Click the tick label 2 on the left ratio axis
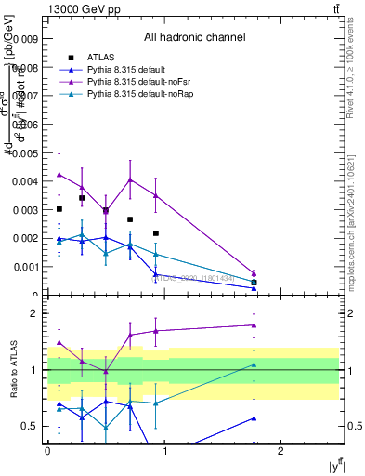(35, 313)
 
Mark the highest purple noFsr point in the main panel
(59, 174)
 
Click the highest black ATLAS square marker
(82, 198)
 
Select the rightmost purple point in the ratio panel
(254, 325)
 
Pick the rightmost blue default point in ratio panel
(254, 418)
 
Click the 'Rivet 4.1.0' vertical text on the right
(357, 84)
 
